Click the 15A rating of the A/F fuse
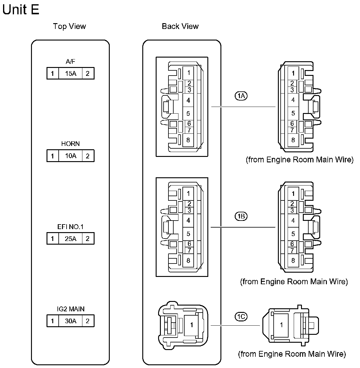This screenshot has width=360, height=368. click(71, 74)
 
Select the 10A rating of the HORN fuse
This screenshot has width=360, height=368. click(71, 156)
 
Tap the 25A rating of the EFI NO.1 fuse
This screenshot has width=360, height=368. click(71, 239)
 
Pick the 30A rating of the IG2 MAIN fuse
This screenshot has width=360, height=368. click(71, 321)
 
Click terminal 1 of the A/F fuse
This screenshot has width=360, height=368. click(53, 74)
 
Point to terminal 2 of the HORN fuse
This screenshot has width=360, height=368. click(88, 156)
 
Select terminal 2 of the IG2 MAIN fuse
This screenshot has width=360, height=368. click(88, 321)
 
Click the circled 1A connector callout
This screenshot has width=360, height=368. click(241, 96)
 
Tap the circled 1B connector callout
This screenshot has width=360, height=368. click(241, 217)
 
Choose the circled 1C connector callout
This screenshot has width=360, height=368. click(241, 317)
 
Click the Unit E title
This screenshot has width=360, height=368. click(21, 10)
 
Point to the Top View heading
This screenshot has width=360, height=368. click(69, 27)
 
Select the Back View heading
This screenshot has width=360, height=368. click(180, 27)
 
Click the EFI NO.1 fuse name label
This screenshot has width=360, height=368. click(70, 227)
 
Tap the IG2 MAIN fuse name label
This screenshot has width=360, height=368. click(70, 309)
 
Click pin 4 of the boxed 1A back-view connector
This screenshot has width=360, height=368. click(188, 100)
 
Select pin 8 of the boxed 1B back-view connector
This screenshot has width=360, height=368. click(188, 260)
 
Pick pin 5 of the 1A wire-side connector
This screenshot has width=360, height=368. click(293, 113)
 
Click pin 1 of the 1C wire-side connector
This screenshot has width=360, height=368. click(281, 325)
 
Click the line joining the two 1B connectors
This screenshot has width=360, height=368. click(243, 227)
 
